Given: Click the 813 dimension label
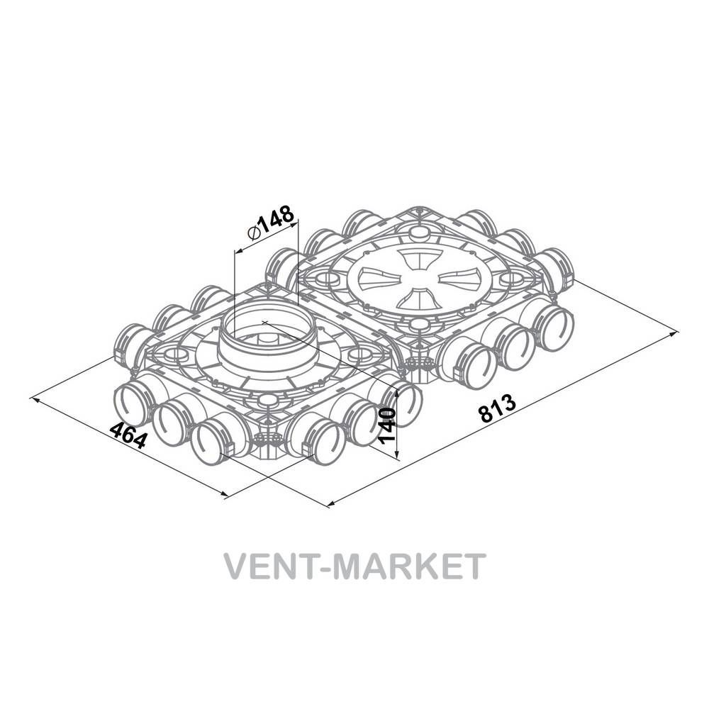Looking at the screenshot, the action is pyautogui.click(x=497, y=408).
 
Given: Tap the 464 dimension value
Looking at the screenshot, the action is pyautogui.click(x=129, y=435).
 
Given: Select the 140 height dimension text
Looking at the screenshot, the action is pyautogui.click(x=388, y=425).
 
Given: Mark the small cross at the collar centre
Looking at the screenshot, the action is pyautogui.click(x=265, y=322).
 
